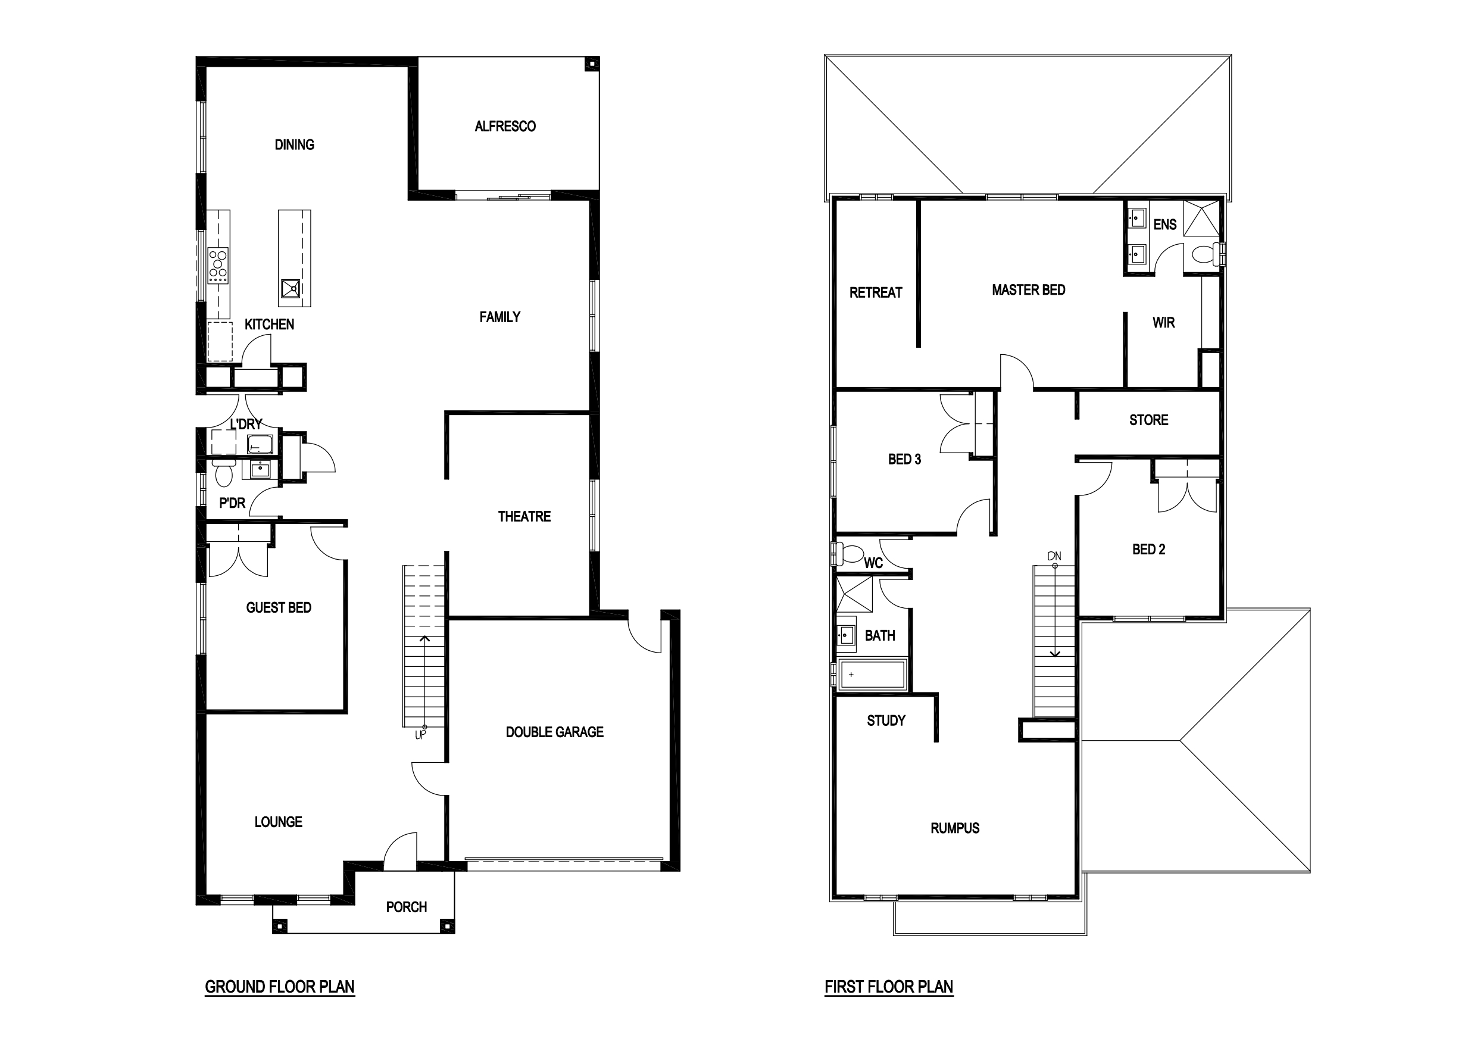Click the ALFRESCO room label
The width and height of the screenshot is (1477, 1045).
tap(505, 126)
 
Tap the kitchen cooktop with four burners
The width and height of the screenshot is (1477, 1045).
tap(218, 266)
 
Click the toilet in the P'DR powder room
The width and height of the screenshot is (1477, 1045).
tap(223, 472)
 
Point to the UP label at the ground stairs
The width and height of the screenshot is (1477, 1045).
tap(420, 735)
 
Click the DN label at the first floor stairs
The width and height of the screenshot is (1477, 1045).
tap(1054, 556)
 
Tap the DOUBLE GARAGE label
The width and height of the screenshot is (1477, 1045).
tap(554, 732)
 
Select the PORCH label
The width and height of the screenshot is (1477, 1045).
tap(407, 907)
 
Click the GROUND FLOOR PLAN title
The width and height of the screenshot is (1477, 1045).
tap(280, 987)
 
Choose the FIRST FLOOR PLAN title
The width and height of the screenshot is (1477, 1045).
tap(889, 987)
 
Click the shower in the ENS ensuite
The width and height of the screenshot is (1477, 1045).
tap(1202, 219)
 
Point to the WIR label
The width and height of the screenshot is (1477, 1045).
tap(1164, 322)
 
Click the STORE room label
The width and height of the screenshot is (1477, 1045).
tap(1149, 420)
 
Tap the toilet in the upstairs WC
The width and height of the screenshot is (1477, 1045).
tap(851, 553)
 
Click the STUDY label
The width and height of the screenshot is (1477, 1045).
tap(886, 720)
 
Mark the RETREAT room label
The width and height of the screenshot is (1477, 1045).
tap(876, 293)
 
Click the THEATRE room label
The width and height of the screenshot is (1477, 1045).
tap(524, 516)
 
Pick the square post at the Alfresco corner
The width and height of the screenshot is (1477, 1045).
tap(591, 64)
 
